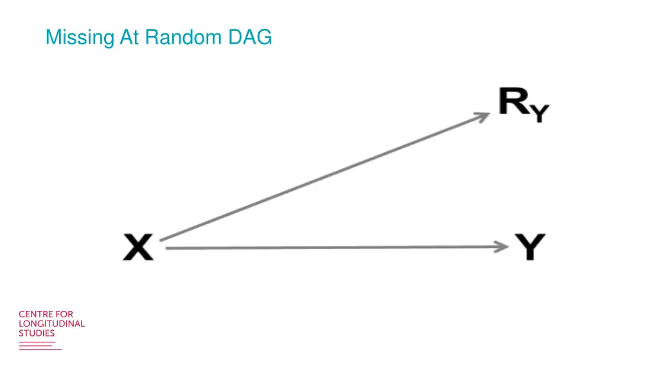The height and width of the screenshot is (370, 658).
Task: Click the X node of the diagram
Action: click(139, 247)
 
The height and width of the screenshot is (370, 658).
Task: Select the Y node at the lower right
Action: click(530, 247)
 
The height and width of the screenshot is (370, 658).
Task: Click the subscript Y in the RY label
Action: click(540, 114)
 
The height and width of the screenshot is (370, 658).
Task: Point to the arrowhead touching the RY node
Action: click(483, 116)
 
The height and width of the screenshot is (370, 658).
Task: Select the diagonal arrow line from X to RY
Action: click(321, 179)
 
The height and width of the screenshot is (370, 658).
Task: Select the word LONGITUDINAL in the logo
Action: click(51, 324)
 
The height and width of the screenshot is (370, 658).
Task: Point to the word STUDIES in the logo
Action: click(37, 333)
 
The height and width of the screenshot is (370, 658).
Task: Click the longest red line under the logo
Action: click(40, 349)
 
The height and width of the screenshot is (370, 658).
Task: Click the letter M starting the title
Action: click(53, 38)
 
